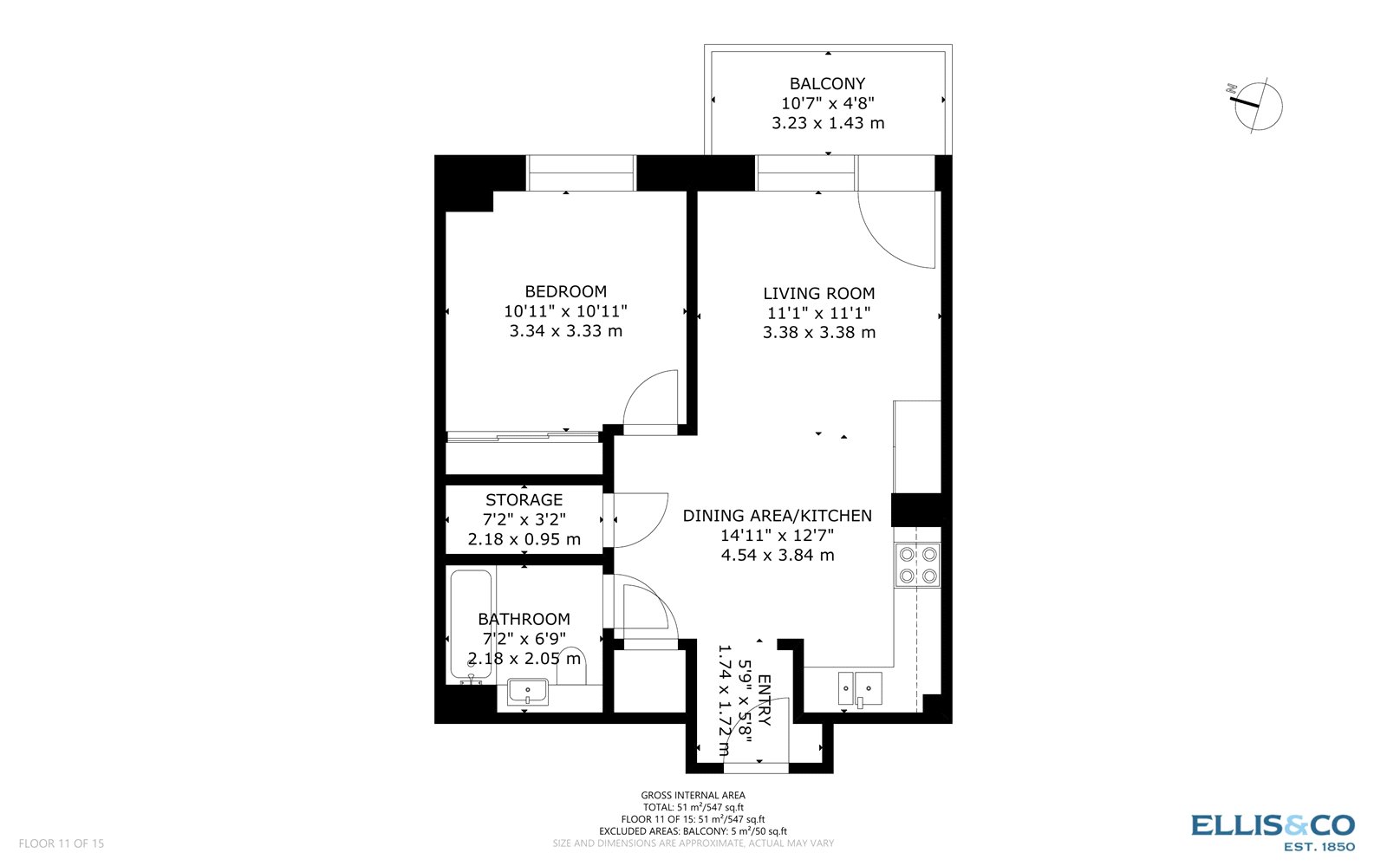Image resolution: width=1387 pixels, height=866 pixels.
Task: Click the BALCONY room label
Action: (x=827, y=84)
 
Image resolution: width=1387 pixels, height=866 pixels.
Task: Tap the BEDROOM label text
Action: (x=565, y=292)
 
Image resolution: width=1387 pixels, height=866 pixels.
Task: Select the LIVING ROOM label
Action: (x=818, y=294)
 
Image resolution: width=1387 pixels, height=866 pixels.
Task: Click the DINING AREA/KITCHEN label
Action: (x=777, y=516)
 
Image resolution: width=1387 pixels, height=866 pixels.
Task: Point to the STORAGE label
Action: (x=524, y=500)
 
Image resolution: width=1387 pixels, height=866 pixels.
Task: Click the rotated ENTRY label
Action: (x=764, y=700)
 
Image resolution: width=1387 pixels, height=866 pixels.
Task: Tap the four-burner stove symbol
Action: (x=918, y=564)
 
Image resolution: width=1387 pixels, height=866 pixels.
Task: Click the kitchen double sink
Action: (x=859, y=688)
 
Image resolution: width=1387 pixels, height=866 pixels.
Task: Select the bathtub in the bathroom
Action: (x=471, y=624)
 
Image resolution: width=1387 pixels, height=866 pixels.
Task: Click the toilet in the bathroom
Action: (x=572, y=666)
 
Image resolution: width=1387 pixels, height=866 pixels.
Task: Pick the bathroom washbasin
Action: (x=527, y=692)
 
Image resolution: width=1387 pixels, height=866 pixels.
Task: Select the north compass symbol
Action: (x=1257, y=105)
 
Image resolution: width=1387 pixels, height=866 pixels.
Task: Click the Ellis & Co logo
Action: (x=1272, y=830)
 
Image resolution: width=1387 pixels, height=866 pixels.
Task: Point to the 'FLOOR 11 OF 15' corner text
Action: (x=61, y=843)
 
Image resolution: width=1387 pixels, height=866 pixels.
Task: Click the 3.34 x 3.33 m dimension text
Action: (x=565, y=331)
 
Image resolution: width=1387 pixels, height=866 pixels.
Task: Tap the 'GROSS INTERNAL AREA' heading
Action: (x=693, y=795)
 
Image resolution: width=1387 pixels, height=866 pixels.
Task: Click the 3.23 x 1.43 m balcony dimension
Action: (x=827, y=123)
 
